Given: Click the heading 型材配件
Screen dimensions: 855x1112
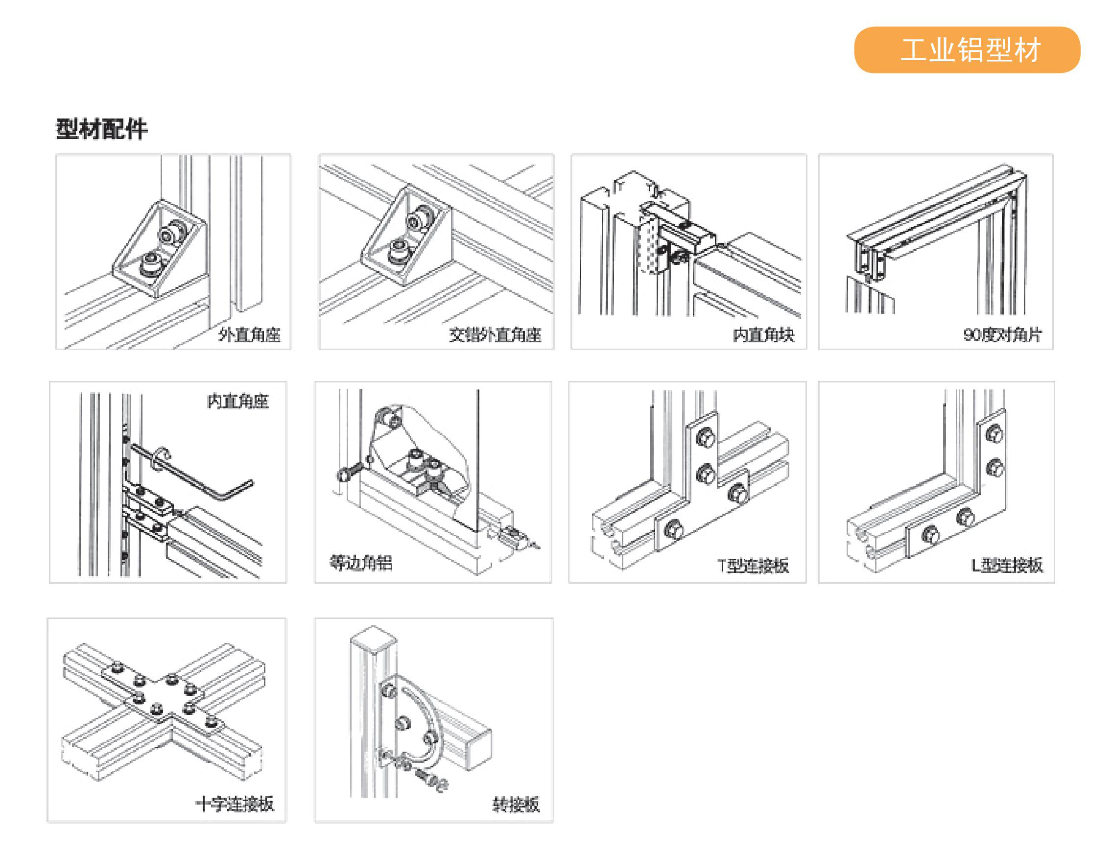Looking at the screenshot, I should point(101,129).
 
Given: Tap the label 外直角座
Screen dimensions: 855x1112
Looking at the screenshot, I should point(249,334).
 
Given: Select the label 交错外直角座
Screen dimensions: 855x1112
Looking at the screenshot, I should point(495,334).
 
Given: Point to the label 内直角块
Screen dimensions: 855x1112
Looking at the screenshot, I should point(763,334).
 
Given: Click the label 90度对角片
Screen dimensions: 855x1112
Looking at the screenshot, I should point(1002,334).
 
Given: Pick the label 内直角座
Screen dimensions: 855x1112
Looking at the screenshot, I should point(237,401).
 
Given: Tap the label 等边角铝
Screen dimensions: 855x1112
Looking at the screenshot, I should point(361,562).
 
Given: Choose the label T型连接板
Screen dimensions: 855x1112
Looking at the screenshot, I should point(753,565).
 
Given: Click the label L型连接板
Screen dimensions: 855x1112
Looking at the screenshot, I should point(1007,565).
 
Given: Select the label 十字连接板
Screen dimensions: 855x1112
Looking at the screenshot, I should point(235,804).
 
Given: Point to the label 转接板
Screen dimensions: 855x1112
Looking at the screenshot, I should point(516,804).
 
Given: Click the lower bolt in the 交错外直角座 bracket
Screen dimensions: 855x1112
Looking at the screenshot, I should point(398,252).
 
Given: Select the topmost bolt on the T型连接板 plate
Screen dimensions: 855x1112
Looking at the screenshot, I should point(706,438).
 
